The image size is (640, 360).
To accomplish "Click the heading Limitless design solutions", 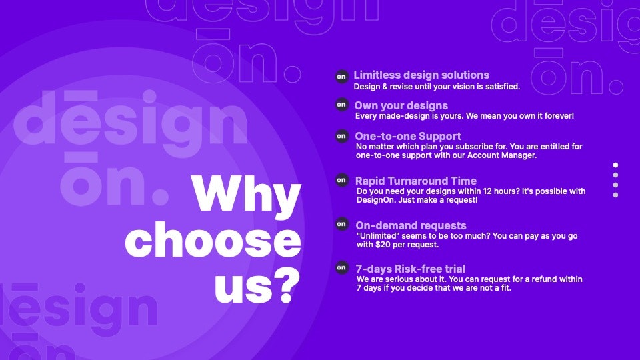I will click(421, 75).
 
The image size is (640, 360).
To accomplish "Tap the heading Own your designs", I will click(401, 105).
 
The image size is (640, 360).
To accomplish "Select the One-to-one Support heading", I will click(408, 136).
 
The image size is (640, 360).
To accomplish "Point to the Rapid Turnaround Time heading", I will click(416, 181).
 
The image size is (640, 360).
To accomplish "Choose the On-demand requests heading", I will click(411, 225).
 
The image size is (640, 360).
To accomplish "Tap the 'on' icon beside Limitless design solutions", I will click(341, 77).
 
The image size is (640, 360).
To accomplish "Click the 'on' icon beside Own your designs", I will click(341, 105).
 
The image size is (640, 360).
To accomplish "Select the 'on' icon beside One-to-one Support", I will click(341, 135).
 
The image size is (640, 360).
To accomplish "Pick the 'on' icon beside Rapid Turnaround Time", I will click(341, 180).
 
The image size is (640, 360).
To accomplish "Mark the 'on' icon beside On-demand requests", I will click(341, 224).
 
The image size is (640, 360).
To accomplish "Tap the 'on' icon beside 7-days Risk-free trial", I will click(341, 267).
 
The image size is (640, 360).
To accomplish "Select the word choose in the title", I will click(213, 241).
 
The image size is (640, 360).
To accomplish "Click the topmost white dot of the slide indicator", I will click(615, 165).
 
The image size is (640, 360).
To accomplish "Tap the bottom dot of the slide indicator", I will click(615, 195).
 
